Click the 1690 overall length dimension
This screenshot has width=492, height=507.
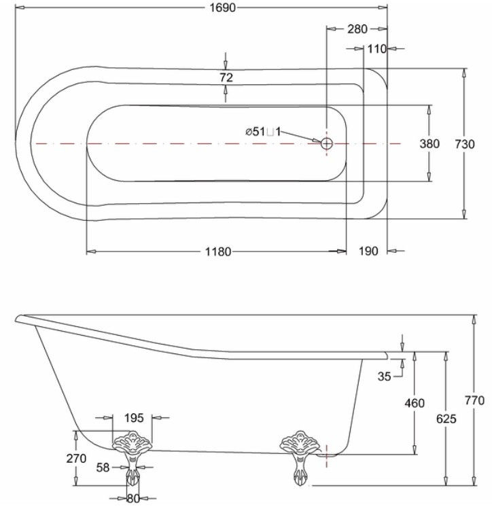pyautogui.click(x=223, y=7)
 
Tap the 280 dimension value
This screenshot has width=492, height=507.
pyautogui.click(x=357, y=29)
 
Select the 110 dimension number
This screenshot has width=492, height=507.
pyautogui.click(x=377, y=49)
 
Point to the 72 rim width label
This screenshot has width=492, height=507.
pyautogui.click(x=226, y=77)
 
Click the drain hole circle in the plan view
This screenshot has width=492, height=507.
pyautogui.click(x=327, y=143)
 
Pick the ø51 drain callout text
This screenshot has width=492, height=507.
pyautogui.click(x=263, y=132)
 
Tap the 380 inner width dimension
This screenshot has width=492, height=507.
pyautogui.click(x=429, y=143)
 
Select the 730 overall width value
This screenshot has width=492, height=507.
pyautogui.click(x=465, y=144)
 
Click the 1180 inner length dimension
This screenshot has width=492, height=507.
pyautogui.click(x=219, y=251)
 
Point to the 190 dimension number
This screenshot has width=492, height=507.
pyautogui.click(x=368, y=251)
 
